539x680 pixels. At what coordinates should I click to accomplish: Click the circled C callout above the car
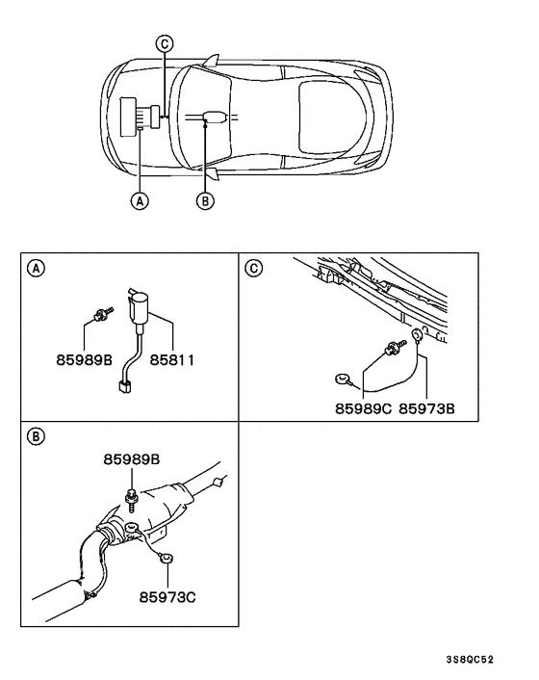[x=165, y=43]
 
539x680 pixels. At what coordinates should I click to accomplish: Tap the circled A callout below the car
[x=141, y=201]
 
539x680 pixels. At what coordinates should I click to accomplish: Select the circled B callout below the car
[x=204, y=201]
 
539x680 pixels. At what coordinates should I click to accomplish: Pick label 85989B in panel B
[x=133, y=460]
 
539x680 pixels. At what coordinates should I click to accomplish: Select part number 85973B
[x=426, y=409]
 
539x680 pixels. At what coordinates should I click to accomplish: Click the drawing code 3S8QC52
[x=470, y=660]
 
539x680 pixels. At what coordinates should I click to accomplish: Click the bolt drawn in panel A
[x=100, y=312]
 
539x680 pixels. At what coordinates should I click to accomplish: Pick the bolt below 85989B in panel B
[x=130, y=497]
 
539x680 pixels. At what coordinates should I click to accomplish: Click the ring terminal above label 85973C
[x=166, y=558]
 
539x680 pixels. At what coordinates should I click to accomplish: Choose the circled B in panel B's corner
[x=35, y=436]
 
